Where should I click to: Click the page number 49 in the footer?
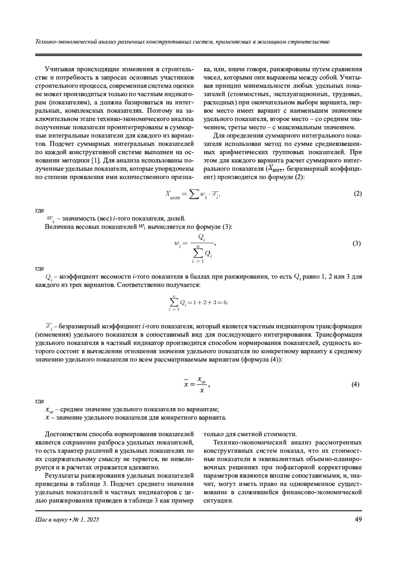pos(358,520)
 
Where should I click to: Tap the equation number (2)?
pos(358,194)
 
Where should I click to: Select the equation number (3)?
pos(357,244)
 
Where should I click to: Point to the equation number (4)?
pos(355,384)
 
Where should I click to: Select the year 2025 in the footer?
pos(93,520)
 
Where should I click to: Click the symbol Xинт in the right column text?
pos(275,169)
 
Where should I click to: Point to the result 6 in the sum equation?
pos(225,302)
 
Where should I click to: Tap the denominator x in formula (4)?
pos(202,390)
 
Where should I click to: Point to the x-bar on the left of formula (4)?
pos(186,384)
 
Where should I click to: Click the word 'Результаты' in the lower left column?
pos(61,476)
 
